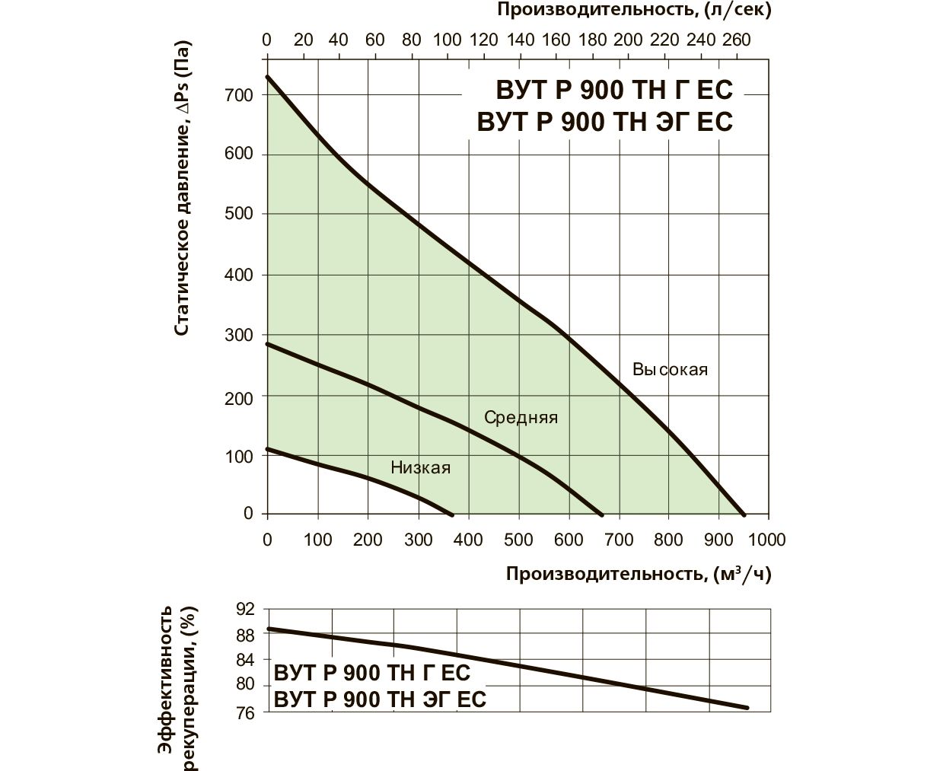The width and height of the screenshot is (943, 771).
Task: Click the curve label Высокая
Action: [670, 370]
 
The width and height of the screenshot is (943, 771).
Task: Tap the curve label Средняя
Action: [521, 418]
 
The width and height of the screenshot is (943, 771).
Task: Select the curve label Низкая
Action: [420, 467]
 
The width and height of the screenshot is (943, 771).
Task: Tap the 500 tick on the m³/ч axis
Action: [518, 540]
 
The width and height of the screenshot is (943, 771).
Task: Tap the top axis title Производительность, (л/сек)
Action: [634, 11]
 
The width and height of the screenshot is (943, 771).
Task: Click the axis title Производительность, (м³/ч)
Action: [639, 574]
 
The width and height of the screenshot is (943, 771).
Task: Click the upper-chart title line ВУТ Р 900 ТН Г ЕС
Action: [613, 91]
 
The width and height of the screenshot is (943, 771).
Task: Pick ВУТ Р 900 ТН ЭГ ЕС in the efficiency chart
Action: [379, 699]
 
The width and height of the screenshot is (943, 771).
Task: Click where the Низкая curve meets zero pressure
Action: [452, 515]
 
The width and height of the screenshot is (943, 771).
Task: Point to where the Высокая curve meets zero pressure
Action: [744, 515]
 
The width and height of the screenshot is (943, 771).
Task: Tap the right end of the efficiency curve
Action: [747, 708]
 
